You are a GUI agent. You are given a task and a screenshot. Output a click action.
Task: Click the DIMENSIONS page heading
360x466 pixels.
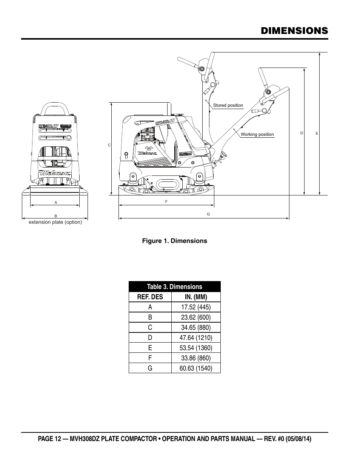[294, 31]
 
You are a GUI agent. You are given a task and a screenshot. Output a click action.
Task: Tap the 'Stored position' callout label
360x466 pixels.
[228, 105]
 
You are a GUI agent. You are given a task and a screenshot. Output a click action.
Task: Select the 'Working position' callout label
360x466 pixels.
[257, 134]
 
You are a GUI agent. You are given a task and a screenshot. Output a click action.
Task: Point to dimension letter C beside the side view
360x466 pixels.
[109, 145]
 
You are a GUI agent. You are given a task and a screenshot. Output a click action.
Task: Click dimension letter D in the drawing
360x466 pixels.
[302, 133]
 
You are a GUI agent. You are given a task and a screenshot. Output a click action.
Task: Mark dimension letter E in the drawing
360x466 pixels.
[317, 133]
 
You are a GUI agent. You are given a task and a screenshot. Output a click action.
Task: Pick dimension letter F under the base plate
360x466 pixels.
[166, 202]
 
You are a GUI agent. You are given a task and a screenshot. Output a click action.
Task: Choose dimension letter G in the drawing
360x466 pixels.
[208, 214]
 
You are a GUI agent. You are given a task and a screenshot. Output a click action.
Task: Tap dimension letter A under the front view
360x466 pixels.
[55, 202]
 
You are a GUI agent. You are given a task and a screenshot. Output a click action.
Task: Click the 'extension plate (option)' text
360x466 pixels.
[55, 222]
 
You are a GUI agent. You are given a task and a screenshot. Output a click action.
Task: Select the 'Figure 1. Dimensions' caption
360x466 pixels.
[174, 241]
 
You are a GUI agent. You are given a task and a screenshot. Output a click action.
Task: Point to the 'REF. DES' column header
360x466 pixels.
[150, 297]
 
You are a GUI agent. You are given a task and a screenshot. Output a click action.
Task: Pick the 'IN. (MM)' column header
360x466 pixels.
[195, 297]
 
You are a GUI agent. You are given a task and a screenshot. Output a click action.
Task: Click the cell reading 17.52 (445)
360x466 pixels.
[195, 307]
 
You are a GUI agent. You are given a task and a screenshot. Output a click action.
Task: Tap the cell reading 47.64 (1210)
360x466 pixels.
[195, 338]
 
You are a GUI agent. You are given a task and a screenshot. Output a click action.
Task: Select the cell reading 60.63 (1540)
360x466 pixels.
[195, 368]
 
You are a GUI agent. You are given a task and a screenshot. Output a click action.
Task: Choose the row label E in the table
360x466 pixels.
[150, 348]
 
